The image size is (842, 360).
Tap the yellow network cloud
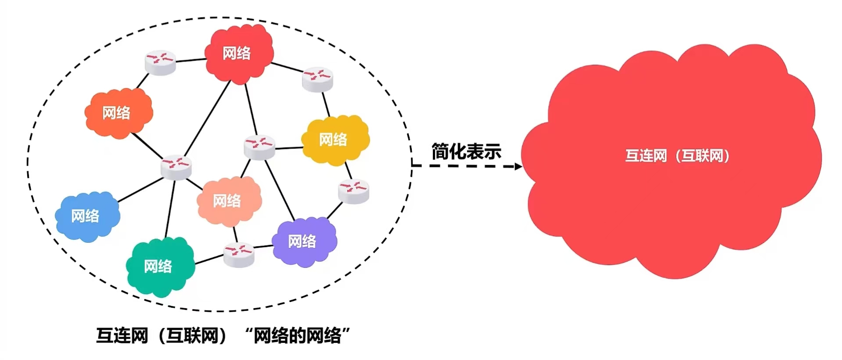pyautogui.click(x=335, y=140)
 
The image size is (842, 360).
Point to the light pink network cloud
pyautogui.click(x=229, y=201)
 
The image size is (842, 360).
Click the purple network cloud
pyautogui.click(x=304, y=241)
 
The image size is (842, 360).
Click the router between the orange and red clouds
pyautogui.click(x=160, y=62)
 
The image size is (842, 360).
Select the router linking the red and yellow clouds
pyautogui.click(x=317, y=79)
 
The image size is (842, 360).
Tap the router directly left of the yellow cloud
pyautogui.click(x=259, y=147)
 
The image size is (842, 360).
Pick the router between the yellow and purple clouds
pyautogui.click(x=354, y=191)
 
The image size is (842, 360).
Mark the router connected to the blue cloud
pyautogui.click(x=176, y=167)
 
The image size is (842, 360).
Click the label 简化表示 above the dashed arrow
pyautogui.click(x=466, y=152)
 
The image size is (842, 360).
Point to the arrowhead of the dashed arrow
pyautogui.click(x=518, y=166)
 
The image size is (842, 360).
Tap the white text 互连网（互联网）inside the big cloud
pyautogui.click(x=677, y=156)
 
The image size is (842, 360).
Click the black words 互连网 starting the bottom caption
pyautogui.click(x=122, y=336)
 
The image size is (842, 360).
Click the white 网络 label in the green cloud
pyautogui.click(x=158, y=266)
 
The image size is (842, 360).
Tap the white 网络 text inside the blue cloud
pyautogui.click(x=85, y=216)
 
